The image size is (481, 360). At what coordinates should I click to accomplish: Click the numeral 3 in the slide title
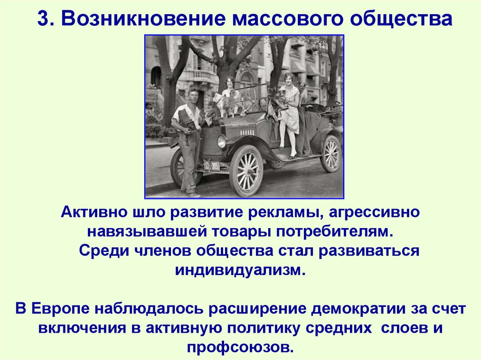pyautogui.click(x=43, y=20)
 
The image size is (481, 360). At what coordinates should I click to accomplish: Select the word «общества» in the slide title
pyautogui.click(x=400, y=20)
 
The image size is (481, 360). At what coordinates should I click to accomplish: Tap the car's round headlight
pyautogui.click(x=221, y=141)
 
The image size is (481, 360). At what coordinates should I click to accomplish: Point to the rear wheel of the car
pyautogui.click(x=331, y=153)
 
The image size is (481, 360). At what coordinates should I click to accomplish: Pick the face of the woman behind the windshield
pyautogui.click(x=230, y=83)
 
